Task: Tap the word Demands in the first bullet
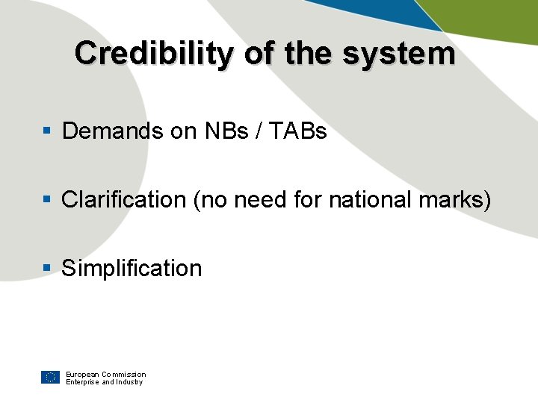tap(113, 131)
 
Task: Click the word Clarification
tap(124, 200)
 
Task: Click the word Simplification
tap(132, 269)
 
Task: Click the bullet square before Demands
tap(46, 131)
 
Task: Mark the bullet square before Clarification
tap(46, 200)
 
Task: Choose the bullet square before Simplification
tap(46, 269)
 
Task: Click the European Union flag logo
tap(50, 377)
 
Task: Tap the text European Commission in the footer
tap(105, 374)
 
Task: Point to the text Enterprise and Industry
tap(104, 382)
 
